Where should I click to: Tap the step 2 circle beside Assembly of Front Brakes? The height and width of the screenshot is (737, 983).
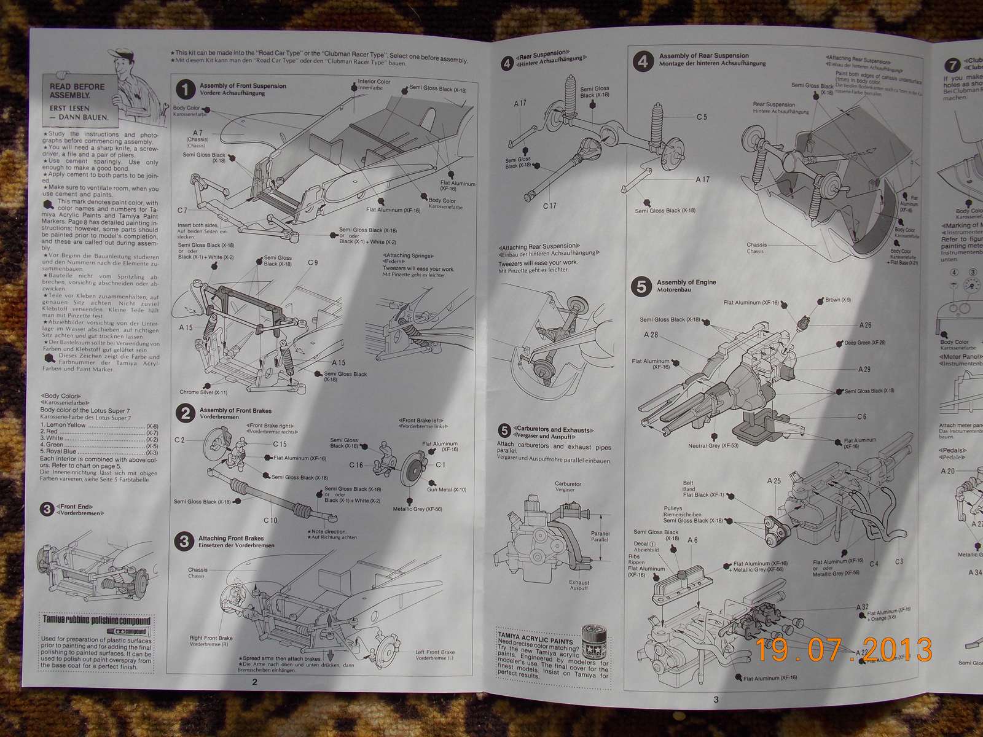click(185, 413)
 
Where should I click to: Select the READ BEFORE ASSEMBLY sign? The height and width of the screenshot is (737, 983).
click(77, 91)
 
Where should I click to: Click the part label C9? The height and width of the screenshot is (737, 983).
click(313, 263)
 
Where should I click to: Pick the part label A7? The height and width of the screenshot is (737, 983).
click(198, 133)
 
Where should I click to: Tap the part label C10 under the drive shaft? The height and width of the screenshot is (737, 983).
click(271, 520)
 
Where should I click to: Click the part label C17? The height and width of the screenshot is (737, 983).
click(549, 206)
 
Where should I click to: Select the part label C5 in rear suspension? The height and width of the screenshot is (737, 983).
click(702, 117)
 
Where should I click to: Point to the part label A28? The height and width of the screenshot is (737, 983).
click(651, 335)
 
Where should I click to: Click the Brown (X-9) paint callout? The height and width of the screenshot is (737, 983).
click(837, 300)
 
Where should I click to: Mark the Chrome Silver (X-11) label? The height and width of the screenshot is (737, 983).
click(203, 392)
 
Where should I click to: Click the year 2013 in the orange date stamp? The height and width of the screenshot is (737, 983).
click(896, 650)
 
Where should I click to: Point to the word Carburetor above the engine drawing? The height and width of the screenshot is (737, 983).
click(568, 484)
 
